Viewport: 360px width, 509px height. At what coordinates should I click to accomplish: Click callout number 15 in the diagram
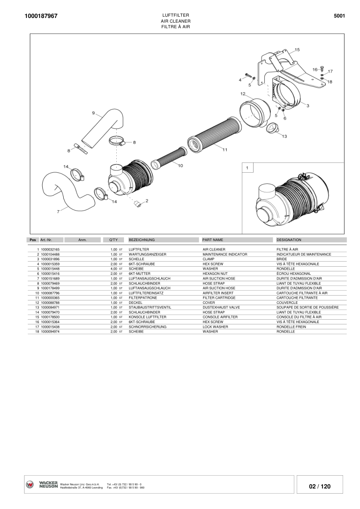click(297, 50)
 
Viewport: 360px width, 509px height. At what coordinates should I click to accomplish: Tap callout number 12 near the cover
click(242, 93)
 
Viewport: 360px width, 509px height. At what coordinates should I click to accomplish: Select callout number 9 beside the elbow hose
click(93, 113)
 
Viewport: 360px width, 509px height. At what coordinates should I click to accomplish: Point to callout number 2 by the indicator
click(147, 200)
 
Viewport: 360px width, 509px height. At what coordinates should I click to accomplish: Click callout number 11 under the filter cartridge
click(225, 150)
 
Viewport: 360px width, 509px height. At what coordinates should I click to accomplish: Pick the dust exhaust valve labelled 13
click(272, 127)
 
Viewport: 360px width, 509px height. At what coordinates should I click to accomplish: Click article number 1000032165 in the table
click(50, 249)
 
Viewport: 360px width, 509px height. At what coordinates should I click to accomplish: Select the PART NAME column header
click(212, 240)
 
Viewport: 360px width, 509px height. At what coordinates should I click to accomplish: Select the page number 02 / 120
click(320, 486)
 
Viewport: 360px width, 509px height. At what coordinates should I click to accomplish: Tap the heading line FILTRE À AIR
click(175, 26)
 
